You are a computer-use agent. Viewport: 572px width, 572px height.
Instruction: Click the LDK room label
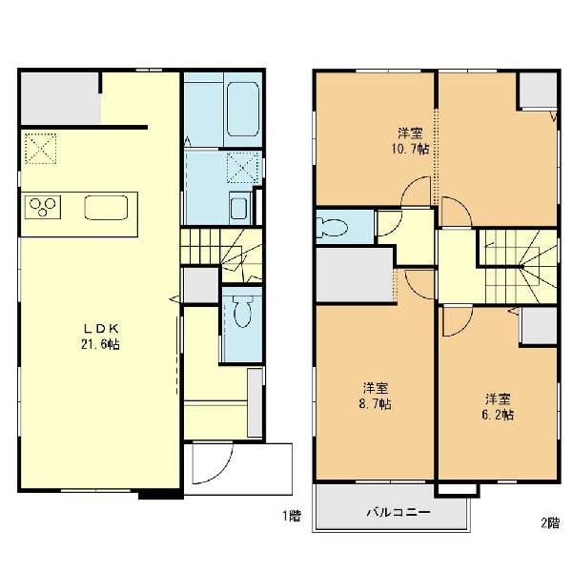pos(101,329)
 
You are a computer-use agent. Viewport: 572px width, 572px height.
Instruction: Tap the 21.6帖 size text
pos(100,345)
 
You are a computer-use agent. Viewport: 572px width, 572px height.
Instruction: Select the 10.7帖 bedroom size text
pos(410,149)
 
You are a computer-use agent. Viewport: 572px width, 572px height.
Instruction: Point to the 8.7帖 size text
pos(375,404)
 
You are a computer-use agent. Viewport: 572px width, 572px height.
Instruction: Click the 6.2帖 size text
pos(498,415)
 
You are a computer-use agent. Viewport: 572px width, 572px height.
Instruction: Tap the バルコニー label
pos(398,512)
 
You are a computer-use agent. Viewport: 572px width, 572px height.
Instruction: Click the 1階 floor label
pos(292,516)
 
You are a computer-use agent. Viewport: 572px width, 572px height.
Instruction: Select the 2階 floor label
pos(550,523)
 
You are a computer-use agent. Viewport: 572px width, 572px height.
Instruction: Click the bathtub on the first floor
pos(243,109)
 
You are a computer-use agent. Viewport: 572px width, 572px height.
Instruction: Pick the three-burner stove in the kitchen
pos(43,207)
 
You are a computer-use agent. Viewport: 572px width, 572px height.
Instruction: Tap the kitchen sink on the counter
pos(106,208)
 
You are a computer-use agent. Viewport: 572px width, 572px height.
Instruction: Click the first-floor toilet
pos(242,310)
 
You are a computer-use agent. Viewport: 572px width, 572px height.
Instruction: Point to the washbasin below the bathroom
pos(239,208)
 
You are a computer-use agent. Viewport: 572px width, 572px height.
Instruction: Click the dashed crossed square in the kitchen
pos(40,149)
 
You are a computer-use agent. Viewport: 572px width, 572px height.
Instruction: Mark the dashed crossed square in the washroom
pos(242,168)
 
